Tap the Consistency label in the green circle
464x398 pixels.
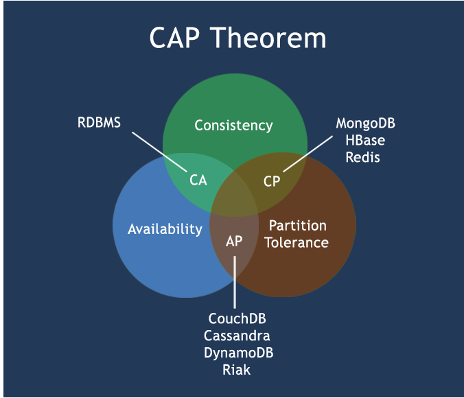coord(233,126)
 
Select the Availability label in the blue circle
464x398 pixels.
coord(165,229)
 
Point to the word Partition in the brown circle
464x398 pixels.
coord(297,225)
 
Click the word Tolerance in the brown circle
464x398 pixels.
coord(297,242)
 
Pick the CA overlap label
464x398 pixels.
coord(198,181)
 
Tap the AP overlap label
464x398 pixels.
coord(234,242)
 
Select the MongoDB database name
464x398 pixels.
coord(365,124)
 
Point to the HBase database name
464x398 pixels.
coord(365,141)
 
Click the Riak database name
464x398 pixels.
coord(236,370)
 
